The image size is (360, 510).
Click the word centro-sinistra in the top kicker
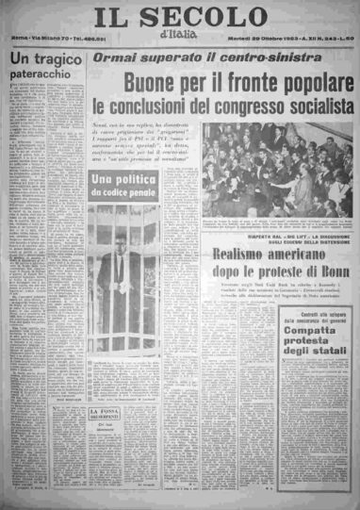tap(236, 58)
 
